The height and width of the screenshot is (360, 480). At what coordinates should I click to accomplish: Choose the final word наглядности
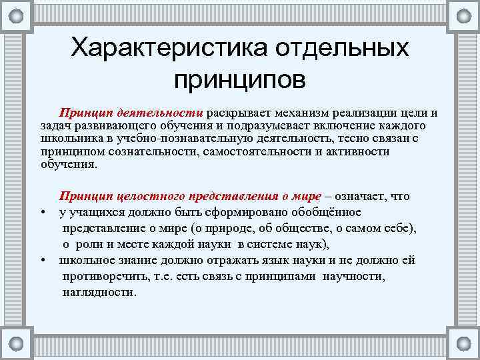point(99,292)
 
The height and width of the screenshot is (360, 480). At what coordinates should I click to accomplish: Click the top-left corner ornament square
point(17,14)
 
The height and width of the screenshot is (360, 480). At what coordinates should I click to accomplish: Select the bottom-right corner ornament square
point(464,345)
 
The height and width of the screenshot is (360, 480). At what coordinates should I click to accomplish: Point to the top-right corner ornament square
point(464,14)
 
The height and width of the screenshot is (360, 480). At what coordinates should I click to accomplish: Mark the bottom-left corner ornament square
point(17,345)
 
